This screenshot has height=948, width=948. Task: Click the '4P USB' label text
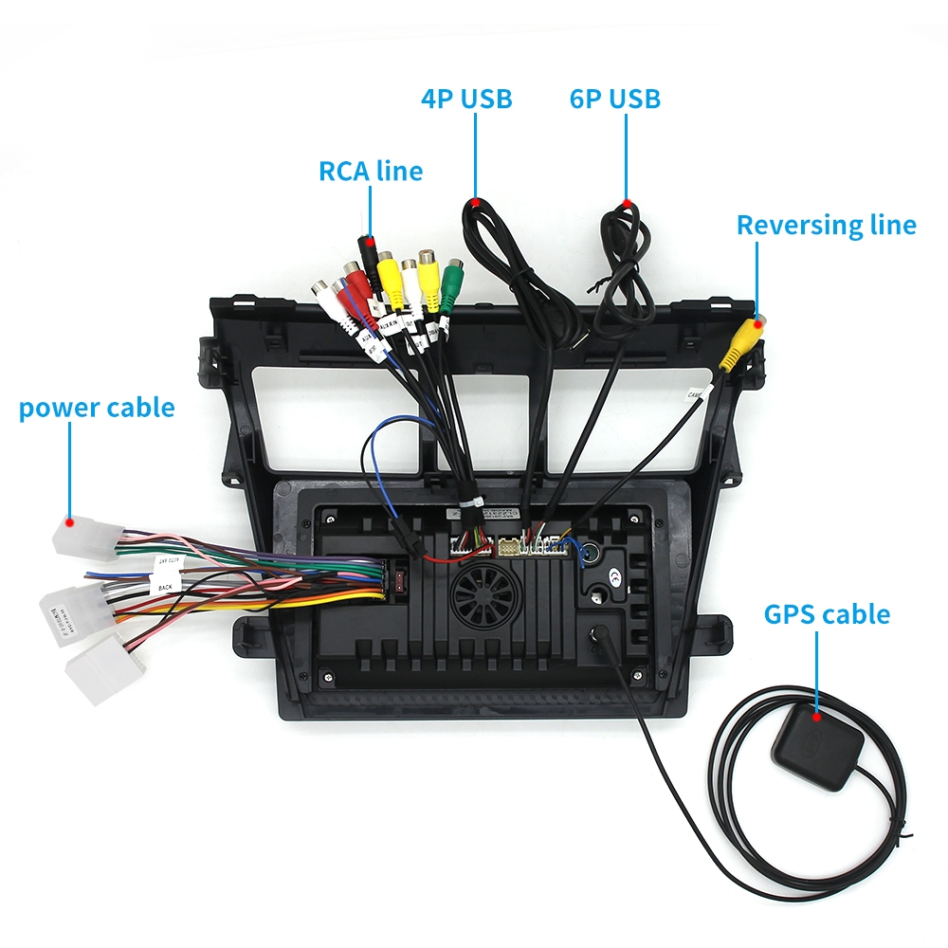pyautogui.click(x=466, y=98)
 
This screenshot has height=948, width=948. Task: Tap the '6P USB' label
pyautogui.click(x=615, y=98)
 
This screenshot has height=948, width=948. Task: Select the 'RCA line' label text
pyautogui.click(x=371, y=172)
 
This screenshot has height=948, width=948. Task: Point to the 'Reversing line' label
pyautogui.click(x=826, y=225)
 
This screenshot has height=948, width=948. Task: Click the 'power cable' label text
pyautogui.click(x=97, y=408)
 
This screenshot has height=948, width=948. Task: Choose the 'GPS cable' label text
pyautogui.click(x=827, y=613)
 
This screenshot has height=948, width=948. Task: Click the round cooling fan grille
pyautogui.click(x=484, y=595)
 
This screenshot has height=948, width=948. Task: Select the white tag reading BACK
pyautogui.click(x=166, y=587)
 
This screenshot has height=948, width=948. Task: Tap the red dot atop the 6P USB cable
pyautogui.click(x=626, y=202)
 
